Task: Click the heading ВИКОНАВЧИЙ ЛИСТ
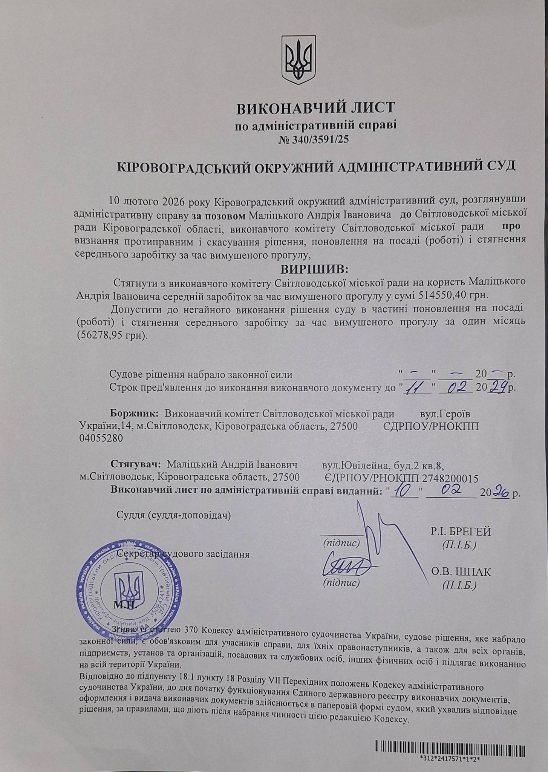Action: point(315,108)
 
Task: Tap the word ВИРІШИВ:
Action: point(315,270)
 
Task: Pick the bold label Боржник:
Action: point(136,414)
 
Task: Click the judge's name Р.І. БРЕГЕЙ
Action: point(461,532)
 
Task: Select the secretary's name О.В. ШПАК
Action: point(461,572)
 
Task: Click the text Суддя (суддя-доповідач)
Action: point(174,515)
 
